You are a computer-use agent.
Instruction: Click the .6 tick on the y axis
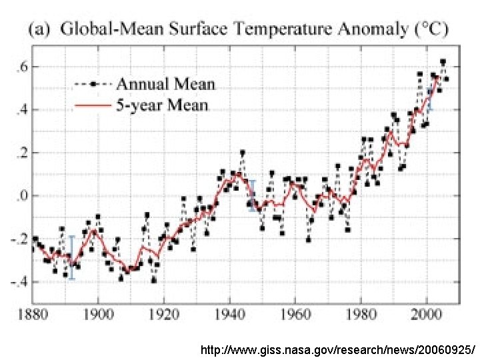[21, 66]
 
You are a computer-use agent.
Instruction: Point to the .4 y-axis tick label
[21, 109]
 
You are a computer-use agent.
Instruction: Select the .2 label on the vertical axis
[21, 153]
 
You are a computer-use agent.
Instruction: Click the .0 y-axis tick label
[21, 196]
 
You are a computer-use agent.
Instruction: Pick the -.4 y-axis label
[18, 282]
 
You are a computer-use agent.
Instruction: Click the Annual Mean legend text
[166, 84]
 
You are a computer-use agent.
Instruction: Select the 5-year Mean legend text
[162, 105]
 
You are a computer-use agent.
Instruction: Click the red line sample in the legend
[91, 105]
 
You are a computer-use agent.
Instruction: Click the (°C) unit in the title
[431, 29]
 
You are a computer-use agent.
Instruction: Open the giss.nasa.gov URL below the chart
[338, 349]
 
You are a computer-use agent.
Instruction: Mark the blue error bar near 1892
[72, 257]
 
